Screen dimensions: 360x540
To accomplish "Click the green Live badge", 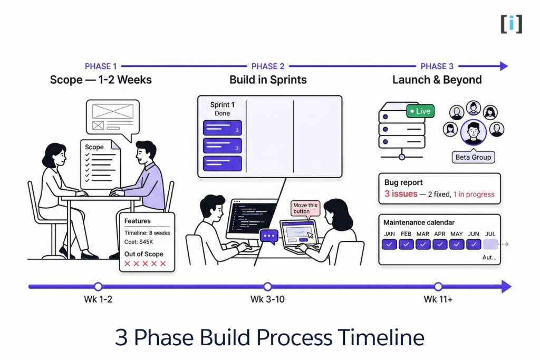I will [x=420, y=111].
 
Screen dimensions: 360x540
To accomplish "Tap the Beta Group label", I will [x=473, y=157].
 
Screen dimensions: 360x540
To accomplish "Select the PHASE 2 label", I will [x=268, y=66].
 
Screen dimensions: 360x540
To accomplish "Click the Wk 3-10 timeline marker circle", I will [x=267, y=287].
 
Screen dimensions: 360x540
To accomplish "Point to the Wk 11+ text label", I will [x=438, y=300].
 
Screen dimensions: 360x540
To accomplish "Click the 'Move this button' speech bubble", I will [x=305, y=208].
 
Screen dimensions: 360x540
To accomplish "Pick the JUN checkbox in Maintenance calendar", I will [x=474, y=244].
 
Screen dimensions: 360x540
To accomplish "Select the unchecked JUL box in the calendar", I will [x=490, y=244].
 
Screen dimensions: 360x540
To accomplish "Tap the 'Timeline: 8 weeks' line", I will [x=147, y=233].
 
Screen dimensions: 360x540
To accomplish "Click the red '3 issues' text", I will [x=401, y=194].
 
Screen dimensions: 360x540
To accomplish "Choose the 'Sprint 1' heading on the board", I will [x=223, y=105].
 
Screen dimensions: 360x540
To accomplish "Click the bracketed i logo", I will [x=512, y=24].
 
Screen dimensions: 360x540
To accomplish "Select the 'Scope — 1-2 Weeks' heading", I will [x=101, y=80].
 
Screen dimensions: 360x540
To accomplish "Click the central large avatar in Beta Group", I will [x=473, y=132].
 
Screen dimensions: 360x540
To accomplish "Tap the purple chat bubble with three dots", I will [x=268, y=236].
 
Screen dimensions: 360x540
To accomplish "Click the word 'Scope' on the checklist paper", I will [x=94, y=147].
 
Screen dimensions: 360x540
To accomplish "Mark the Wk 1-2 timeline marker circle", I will [x=98, y=287].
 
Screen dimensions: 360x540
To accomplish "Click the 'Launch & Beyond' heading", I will [x=437, y=80].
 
